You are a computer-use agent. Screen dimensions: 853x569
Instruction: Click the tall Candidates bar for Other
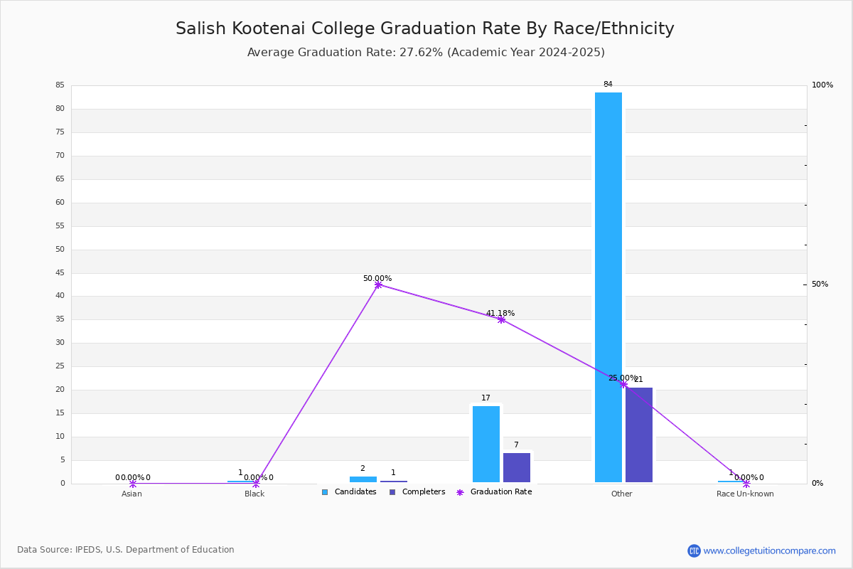[x=608, y=287]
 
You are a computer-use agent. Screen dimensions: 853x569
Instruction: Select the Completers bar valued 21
[x=638, y=435]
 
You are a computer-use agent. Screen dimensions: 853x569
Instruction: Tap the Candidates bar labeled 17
[x=486, y=444]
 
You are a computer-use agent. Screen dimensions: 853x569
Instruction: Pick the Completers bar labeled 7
[x=516, y=467]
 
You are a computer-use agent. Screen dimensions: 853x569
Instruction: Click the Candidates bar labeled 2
[x=363, y=479]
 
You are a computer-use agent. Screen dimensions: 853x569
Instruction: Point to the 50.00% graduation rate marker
[x=377, y=284]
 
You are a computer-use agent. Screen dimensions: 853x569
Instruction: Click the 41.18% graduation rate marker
[x=501, y=320]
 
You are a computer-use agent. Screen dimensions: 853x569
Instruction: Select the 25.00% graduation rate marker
[x=623, y=384]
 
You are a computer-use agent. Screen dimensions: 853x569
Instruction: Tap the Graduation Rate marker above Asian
[x=132, y=484]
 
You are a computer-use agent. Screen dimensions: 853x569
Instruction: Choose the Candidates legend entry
[x=349, y=491]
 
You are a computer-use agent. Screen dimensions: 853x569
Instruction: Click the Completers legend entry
[x=417, y=491]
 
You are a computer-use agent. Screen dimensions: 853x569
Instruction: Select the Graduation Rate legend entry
[x=494, y=491]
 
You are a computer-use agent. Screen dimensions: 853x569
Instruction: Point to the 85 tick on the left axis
[x=60, y=85]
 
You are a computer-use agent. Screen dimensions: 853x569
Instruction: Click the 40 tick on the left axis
[x=60, y=296]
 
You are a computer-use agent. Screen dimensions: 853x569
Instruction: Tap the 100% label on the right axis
[x=822, y=85]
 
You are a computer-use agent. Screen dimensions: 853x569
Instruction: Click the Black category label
[x=254, y=494]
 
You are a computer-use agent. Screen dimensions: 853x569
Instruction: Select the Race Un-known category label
[x=745, y=494]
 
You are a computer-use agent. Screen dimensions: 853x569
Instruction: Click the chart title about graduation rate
[x=425, y=28]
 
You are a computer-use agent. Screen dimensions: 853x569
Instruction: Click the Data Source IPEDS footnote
[x=126, y=550]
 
